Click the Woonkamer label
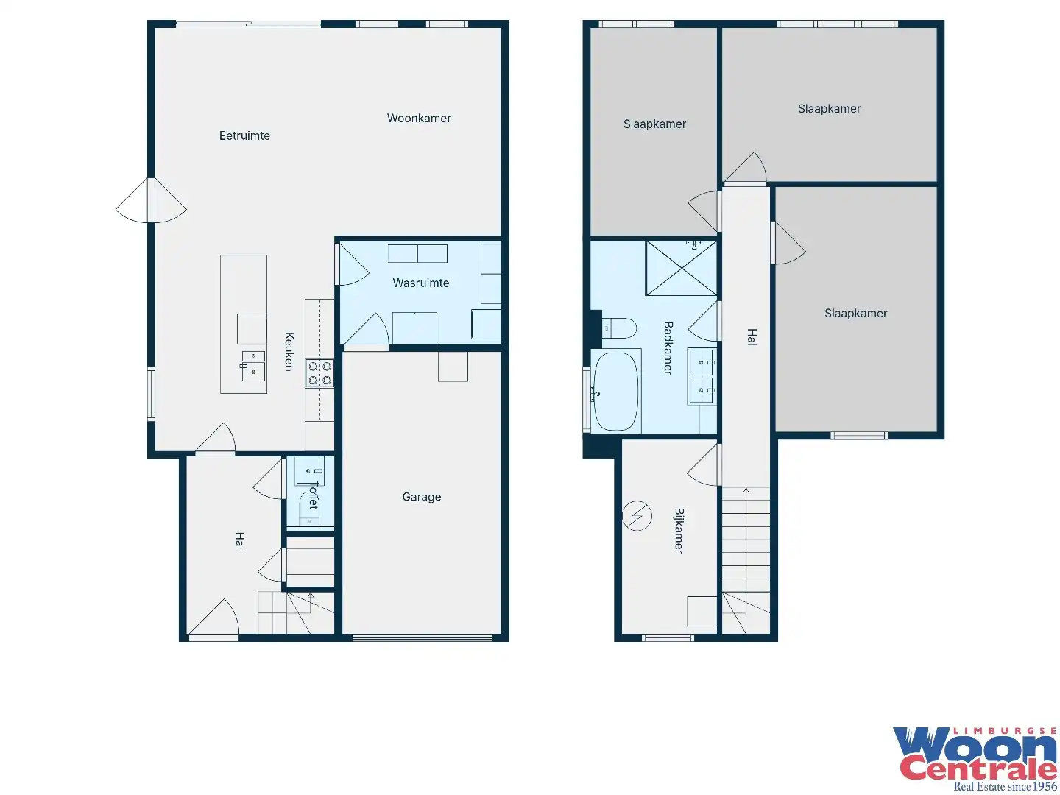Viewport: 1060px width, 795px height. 419,119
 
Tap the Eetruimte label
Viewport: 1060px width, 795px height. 244,135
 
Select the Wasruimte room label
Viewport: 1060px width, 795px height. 420,283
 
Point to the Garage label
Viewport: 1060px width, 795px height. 422,497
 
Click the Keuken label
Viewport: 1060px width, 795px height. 289,351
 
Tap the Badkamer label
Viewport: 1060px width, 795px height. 668,347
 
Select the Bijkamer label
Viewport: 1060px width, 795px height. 679,530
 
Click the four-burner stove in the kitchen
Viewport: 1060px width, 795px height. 319,374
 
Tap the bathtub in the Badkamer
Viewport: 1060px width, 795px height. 615,391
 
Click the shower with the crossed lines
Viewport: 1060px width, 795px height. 681,268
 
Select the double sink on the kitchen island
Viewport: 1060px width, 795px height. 253,366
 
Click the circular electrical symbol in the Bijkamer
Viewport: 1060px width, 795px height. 637,515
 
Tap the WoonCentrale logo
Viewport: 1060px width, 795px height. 975,758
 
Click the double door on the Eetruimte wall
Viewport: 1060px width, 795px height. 151,200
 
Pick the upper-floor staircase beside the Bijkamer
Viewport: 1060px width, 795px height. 746,560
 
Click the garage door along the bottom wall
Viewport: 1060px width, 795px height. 422,637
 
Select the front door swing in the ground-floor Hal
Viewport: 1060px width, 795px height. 213,618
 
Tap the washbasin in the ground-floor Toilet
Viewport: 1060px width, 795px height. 309,470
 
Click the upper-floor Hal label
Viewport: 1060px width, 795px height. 752,336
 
